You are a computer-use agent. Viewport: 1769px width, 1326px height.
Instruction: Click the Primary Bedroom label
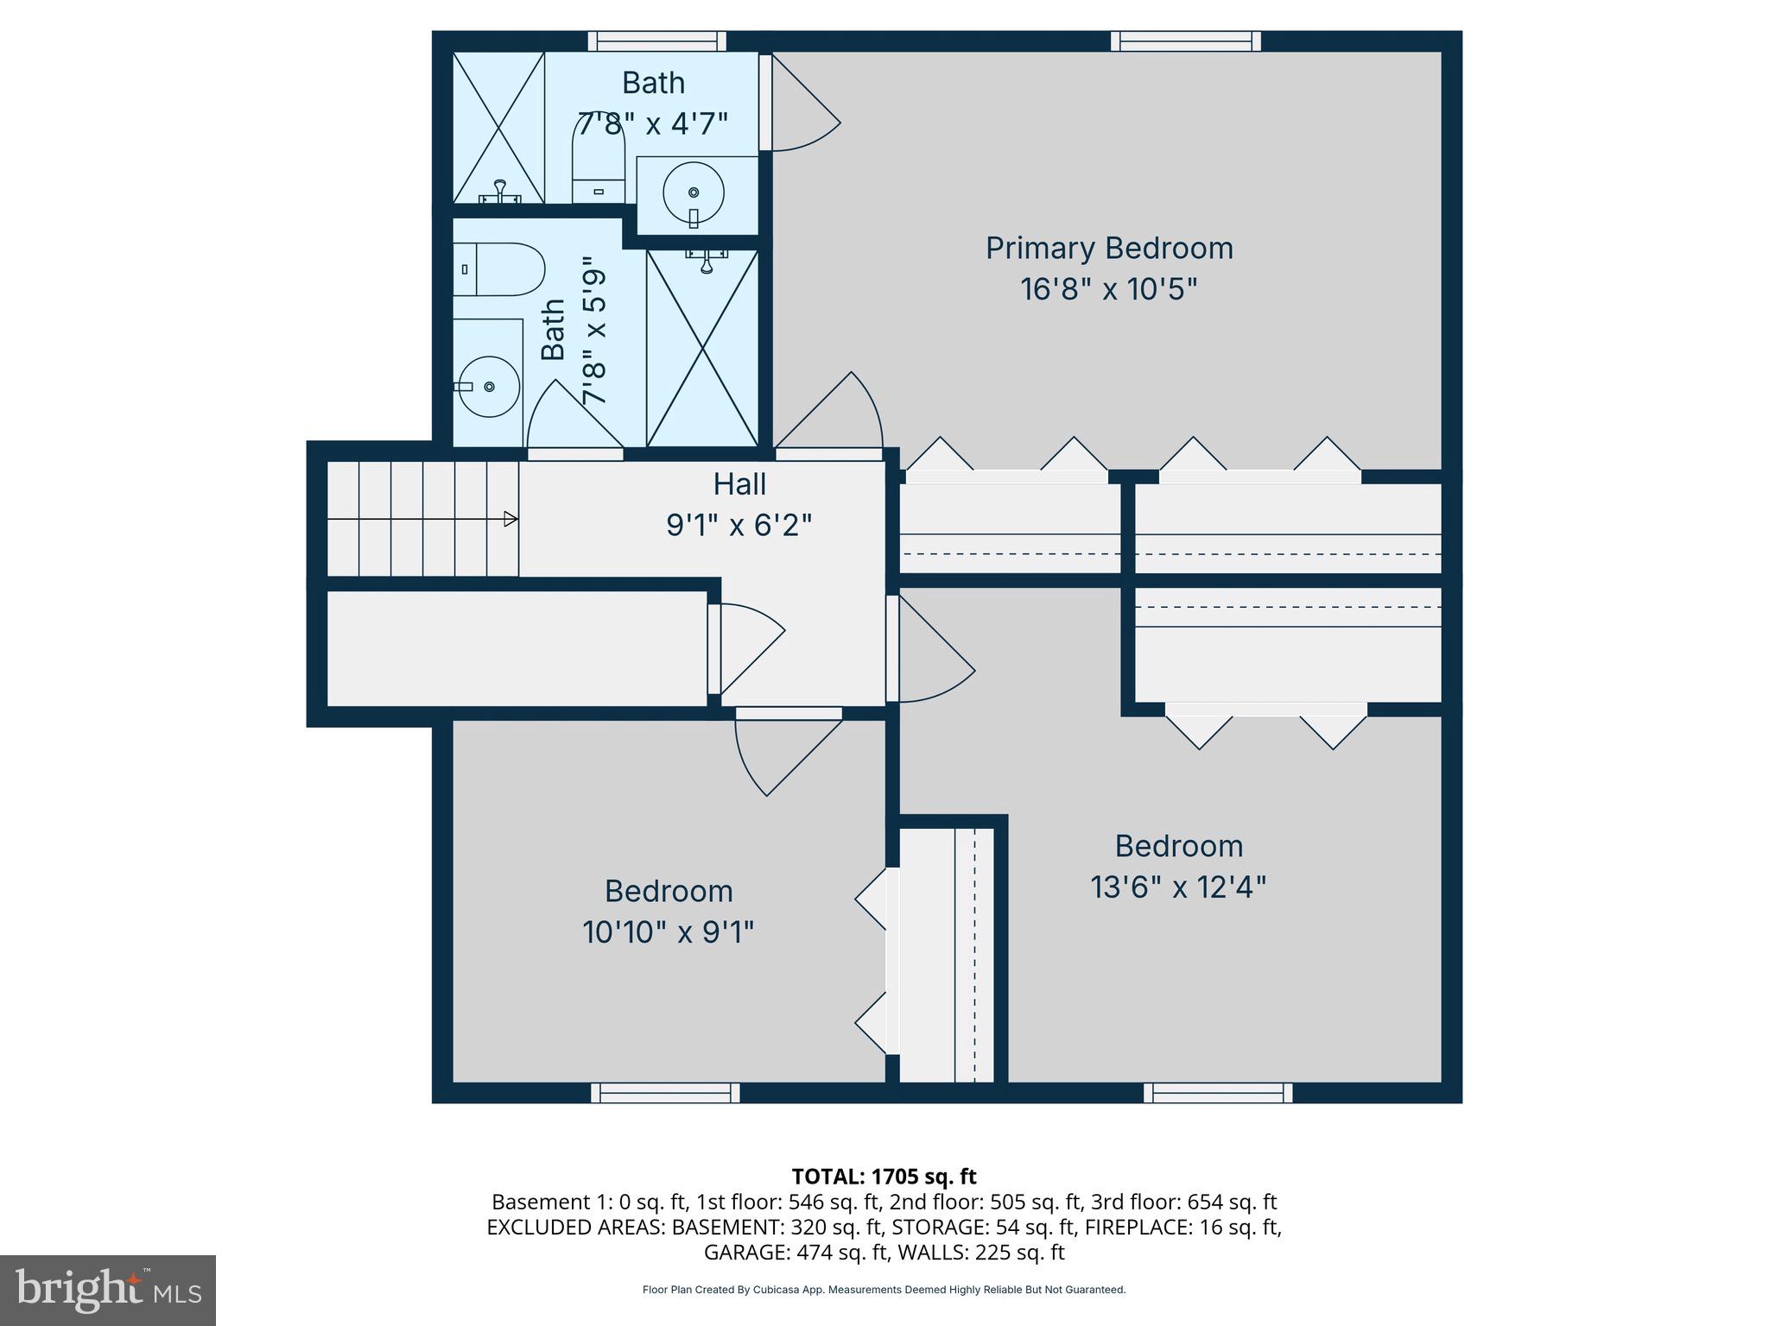click(x=1109, y=249)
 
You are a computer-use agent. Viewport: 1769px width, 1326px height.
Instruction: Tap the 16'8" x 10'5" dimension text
click(x=1109, y=289)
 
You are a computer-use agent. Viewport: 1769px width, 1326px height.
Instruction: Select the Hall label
click(x=739, y=484)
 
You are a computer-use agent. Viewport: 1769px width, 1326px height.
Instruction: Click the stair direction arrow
click(x=510, y=519)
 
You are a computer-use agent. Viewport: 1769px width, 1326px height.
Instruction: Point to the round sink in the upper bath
click(x=694, y=192)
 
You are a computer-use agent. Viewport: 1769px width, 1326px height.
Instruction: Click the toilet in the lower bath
click(x=498, y=269)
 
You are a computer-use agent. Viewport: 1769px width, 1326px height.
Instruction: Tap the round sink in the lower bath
click(x=488, y=387)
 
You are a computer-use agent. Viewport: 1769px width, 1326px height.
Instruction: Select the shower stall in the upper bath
click(x=498, y=128)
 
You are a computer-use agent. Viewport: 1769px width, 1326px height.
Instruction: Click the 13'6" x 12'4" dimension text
click(x=1178, y=887)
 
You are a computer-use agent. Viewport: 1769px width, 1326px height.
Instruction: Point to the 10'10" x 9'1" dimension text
click(x=668, y=932)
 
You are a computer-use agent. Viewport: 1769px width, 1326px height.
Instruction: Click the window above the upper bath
click(x=657, y=41)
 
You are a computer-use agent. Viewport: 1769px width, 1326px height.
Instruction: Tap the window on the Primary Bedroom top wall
click(x=1185, y=41)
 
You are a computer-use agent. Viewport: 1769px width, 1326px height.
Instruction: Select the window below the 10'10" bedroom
click(x=665, y=1093)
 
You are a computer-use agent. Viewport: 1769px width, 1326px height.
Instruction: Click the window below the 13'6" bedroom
click(x=1218, y=1093)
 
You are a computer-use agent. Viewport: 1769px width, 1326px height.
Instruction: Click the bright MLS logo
click(x=108, y=1290)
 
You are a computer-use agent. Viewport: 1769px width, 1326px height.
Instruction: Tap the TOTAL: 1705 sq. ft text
click(x=884, y=1177)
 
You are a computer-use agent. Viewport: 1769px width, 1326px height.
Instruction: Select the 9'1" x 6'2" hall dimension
click(x=739, y=525)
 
